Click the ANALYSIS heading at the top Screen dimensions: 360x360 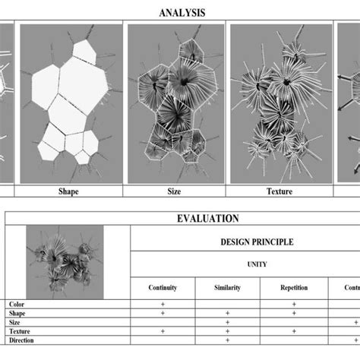pyautogui.click(x=182, y=13)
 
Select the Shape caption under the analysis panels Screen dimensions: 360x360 pyautogui.click(x=68, y=192)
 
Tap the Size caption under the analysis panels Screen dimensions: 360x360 pyautogui.click(x=174, y=192)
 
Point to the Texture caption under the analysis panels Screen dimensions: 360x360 pyautogui.click(x=279, y=192)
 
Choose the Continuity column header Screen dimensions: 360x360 pyautogui.click(x=163, y=288)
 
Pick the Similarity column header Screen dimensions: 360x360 pyautogui.click(x=228, y=288)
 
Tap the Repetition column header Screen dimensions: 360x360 pyautogui.click(x=293, y=288)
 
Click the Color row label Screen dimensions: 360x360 pyautogui.click(x=16, y=303)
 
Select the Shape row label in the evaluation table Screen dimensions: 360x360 pyautogui.click(x=17, y=312)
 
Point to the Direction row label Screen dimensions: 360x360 pyautogui.click(x=21, y=341)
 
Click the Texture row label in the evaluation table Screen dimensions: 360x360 pyautogui.click(x=20, y=331)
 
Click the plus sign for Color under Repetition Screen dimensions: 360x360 pyautogui.click(x=293, y=303)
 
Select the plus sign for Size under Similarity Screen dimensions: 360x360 pyautogui.click(x=228, y=322)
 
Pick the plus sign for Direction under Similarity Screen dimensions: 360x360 pyautogui.click(x=228, y=341)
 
